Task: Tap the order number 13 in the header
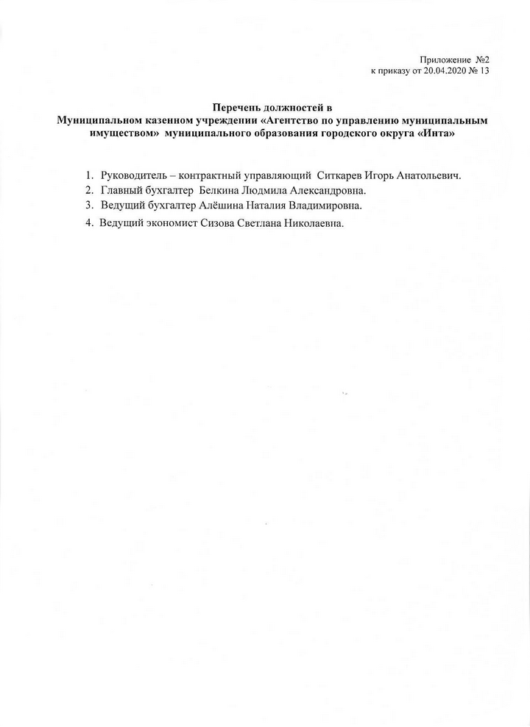pos(484,71)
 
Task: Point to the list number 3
pos(88,205)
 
